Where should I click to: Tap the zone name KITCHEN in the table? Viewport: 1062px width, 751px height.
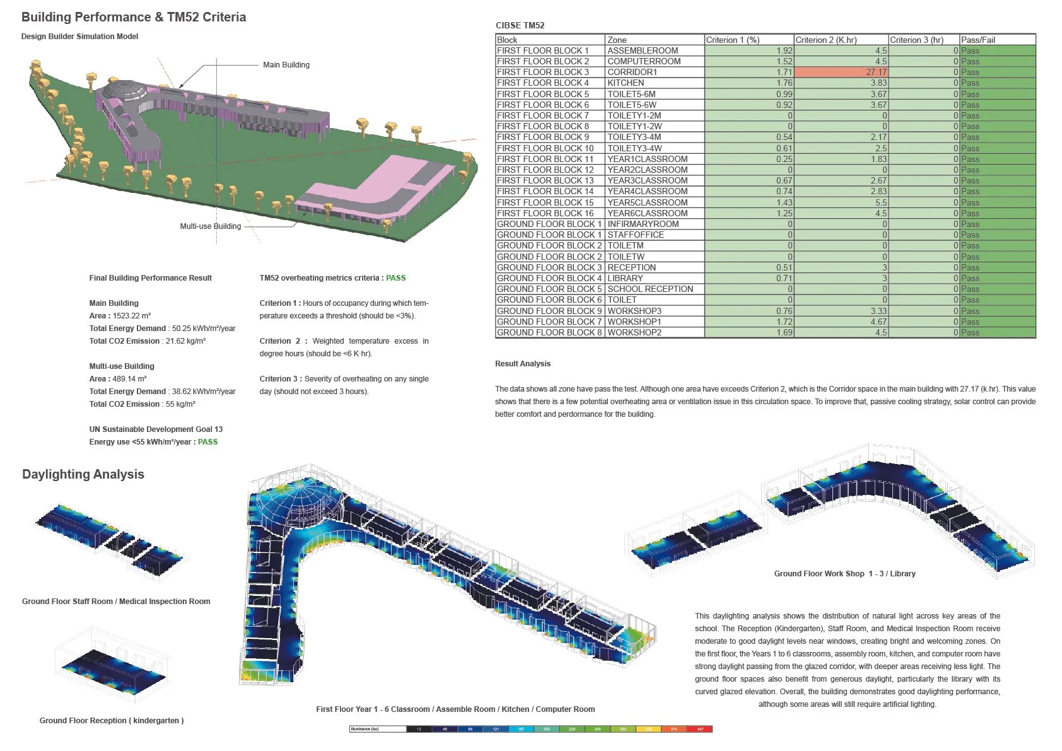(x=626, y=83)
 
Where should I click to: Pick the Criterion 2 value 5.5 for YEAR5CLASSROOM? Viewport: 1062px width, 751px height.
(x=880, y=202)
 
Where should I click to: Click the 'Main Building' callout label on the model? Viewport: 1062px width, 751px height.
(x=286, y=65)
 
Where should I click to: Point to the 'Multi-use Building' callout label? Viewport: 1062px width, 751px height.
(x=211, y=226)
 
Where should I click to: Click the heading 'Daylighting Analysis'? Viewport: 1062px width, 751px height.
(x=83, y=474)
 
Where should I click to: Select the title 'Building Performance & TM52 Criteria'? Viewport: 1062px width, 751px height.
(x=134, y=17)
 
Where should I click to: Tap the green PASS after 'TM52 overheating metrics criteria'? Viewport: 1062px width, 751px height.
(x=395, y=278)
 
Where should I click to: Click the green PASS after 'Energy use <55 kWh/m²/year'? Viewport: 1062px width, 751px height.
(x=207, y=442)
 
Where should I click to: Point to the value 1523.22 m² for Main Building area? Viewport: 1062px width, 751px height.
(x=132, y=316)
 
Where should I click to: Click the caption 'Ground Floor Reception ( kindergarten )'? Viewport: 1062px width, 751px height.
(x=112, y=721)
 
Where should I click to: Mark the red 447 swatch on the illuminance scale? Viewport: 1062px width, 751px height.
(x=700, y=729)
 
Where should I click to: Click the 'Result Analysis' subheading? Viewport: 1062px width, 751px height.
(x=523, y=364)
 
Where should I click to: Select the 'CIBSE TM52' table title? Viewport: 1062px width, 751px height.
(x=520, y=26)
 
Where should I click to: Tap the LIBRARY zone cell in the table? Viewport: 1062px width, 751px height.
(x=625, y=279)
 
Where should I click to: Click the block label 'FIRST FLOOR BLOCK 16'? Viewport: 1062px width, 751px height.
(x=545, y=213)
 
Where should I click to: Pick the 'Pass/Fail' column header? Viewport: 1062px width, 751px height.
(x=977, y=40)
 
